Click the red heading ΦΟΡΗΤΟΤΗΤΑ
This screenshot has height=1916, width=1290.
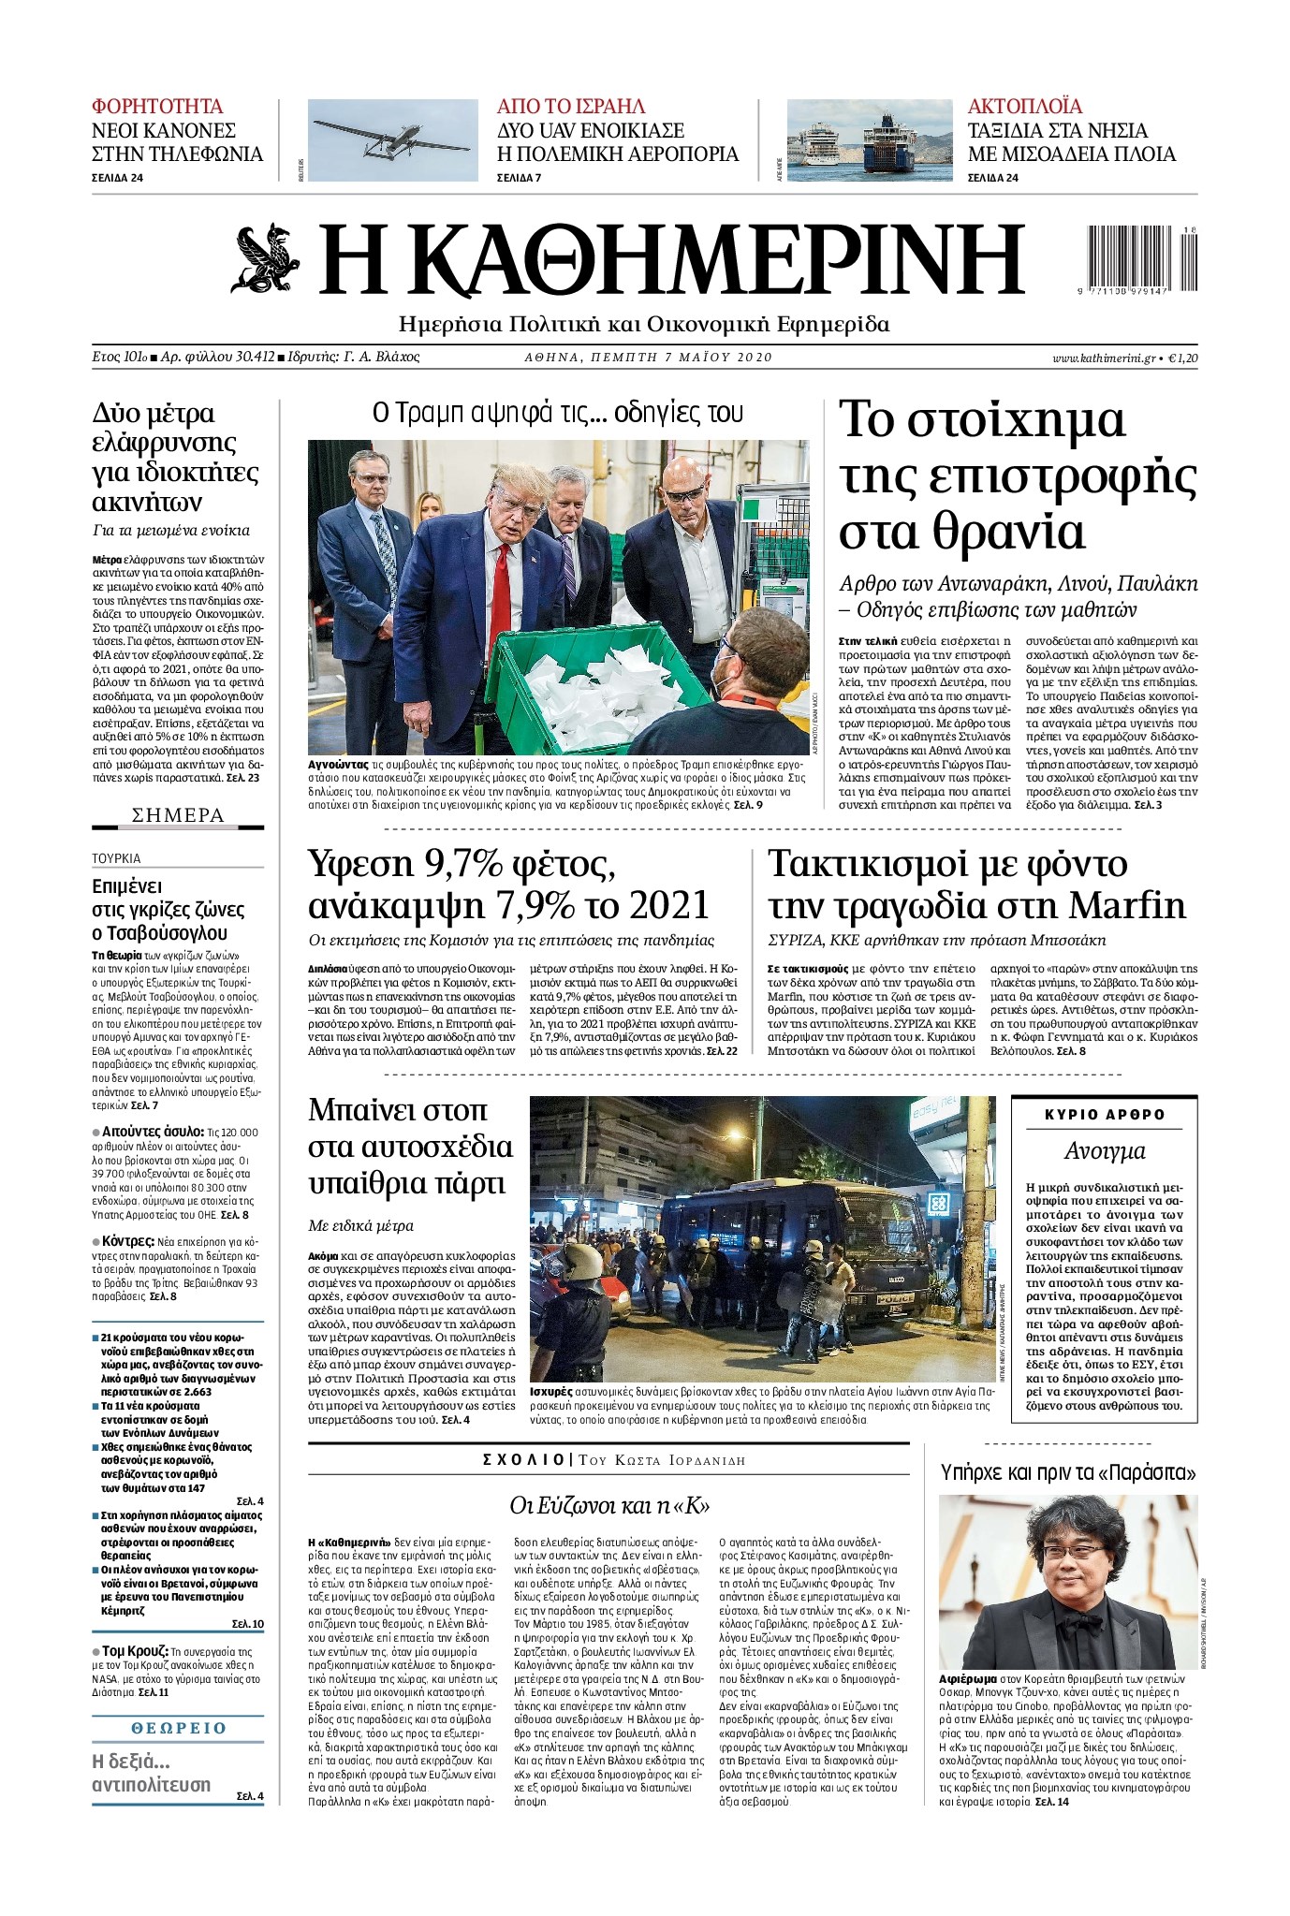coord(157,106)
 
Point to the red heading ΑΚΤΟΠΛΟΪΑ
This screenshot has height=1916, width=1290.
coord(1024,106)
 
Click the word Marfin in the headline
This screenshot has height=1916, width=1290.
coord(1128,905)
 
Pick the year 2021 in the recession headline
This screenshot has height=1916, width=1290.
coord(669,905)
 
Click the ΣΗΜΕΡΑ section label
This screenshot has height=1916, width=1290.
coord(178,815)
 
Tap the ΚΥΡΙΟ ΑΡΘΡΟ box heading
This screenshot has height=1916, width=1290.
coord(1105,1115)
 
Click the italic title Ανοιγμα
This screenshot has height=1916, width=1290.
coord(1105,1151)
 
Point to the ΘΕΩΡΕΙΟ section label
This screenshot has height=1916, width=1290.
coord(178,1728)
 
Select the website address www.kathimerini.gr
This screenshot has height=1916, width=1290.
coord(1103,358)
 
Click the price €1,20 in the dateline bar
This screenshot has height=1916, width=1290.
coord(1181,358)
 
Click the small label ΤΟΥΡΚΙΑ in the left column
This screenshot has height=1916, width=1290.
coord(116,857)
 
